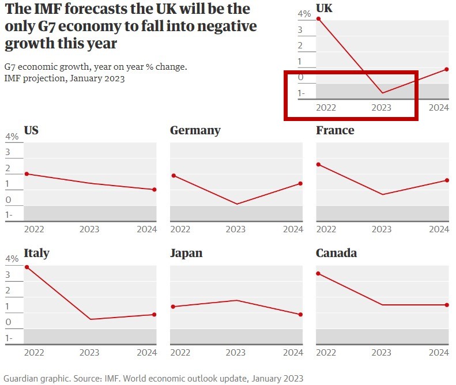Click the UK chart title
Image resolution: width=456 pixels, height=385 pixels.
(324, 7)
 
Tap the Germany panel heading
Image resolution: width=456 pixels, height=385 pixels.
(195, 130)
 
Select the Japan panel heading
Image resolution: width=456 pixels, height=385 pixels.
(186, 253)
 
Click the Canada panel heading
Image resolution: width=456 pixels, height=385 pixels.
(336, 253)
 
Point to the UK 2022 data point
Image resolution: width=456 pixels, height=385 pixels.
(319, 19)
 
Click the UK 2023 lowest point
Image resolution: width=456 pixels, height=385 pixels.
(382, 93)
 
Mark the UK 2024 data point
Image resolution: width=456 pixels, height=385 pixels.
(447, 70)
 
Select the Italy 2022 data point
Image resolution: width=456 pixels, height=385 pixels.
(27, 267)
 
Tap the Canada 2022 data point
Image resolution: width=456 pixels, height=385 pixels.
(319, 273)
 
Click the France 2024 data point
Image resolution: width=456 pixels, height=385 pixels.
(447, 180)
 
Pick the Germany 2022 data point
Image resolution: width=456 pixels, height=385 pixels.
(173, 176)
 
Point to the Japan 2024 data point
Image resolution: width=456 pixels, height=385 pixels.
(301, 315)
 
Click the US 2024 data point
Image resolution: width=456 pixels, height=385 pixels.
(154, 190)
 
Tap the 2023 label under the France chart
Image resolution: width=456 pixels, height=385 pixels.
(382, 229)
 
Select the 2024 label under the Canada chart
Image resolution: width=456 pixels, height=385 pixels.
(439, 352)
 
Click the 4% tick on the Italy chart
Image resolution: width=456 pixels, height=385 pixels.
(12, 259)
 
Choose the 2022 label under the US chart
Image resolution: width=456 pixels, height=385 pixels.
(34, 229)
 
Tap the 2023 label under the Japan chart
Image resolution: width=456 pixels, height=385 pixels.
(235, 352)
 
